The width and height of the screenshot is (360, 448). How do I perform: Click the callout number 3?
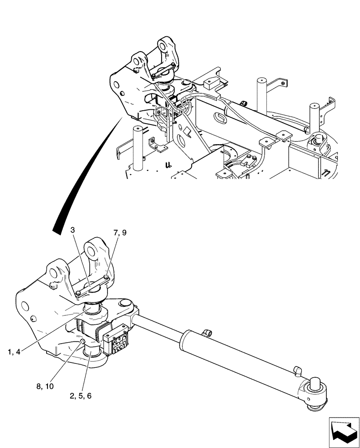[73, 230]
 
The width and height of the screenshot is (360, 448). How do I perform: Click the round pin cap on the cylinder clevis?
[124, 306]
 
